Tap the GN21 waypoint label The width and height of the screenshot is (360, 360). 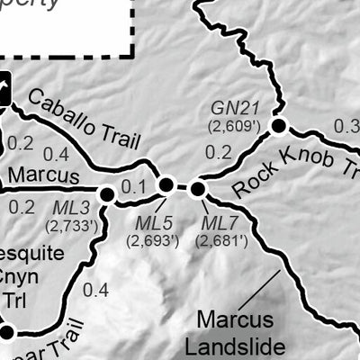tap(229, 107)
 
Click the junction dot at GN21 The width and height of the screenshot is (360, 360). tap(278, 126)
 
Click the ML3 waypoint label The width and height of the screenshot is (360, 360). tap(69, 209)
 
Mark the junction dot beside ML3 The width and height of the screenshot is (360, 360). tap(106, 193)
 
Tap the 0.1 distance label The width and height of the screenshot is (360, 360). tap(133, 186)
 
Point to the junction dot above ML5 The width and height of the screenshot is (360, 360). tap(166, 185)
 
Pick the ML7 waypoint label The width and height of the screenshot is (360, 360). tap(217, 222)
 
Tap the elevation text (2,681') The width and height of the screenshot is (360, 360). tap(217, 240)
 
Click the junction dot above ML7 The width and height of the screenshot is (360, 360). tap(197, 187)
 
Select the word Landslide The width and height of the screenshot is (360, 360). tap(242, 346)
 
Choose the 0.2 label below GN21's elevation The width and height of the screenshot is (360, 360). tap(218, 152)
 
